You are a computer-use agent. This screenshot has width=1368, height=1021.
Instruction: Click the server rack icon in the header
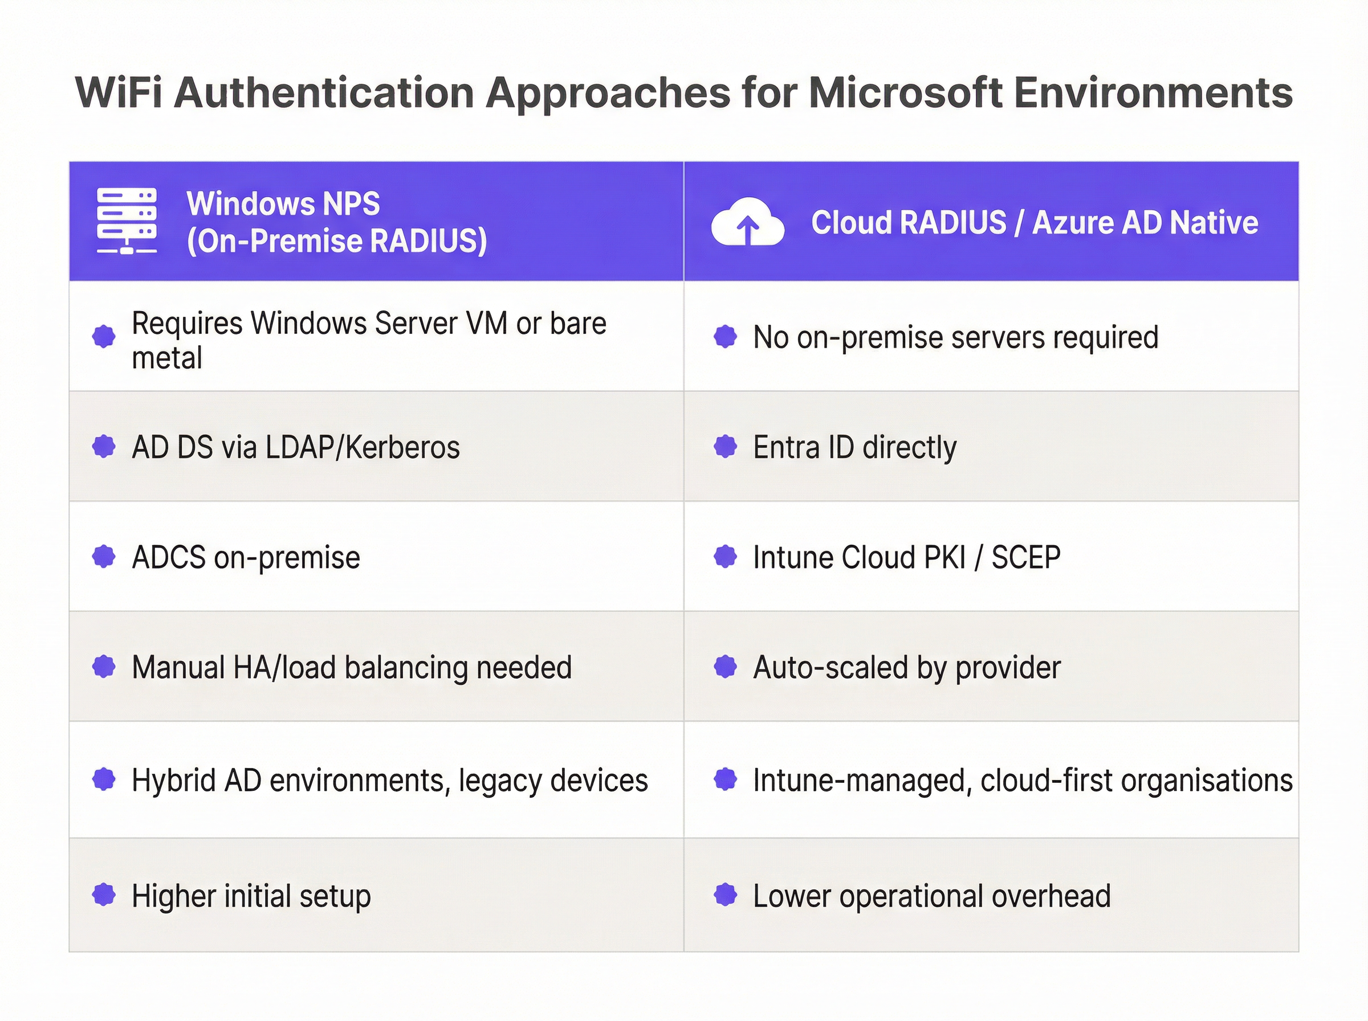tap(127, 220)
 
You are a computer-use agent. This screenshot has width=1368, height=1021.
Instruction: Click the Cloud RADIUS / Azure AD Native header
tap(1034, 223)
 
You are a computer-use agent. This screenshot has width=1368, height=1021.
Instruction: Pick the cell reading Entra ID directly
tap(855, 447)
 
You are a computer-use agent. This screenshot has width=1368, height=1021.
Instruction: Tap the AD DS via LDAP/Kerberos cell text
tap(296, 447)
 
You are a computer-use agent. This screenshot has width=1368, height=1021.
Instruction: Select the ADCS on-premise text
tap(246, 557)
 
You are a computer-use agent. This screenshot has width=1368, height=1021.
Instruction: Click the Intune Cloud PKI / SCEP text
tap(907, 557)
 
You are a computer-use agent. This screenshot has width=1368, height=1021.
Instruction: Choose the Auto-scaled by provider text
tap(907, 668)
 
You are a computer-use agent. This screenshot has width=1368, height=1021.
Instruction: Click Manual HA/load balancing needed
tap(352, 668)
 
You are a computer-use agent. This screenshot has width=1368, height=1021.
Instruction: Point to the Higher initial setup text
tap(251, 896)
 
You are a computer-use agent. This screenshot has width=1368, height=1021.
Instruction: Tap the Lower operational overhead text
tap(932, 896)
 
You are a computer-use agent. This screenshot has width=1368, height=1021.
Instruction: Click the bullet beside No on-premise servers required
tap(725, 337)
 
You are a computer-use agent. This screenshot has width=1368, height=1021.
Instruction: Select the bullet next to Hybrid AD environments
tap(104, 779)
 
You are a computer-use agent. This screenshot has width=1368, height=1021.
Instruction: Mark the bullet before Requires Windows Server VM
tap(104, 337)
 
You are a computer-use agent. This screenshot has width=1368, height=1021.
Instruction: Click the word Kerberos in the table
tap(402, 447)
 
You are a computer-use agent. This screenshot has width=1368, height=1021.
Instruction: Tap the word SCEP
tap(1026, 557)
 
